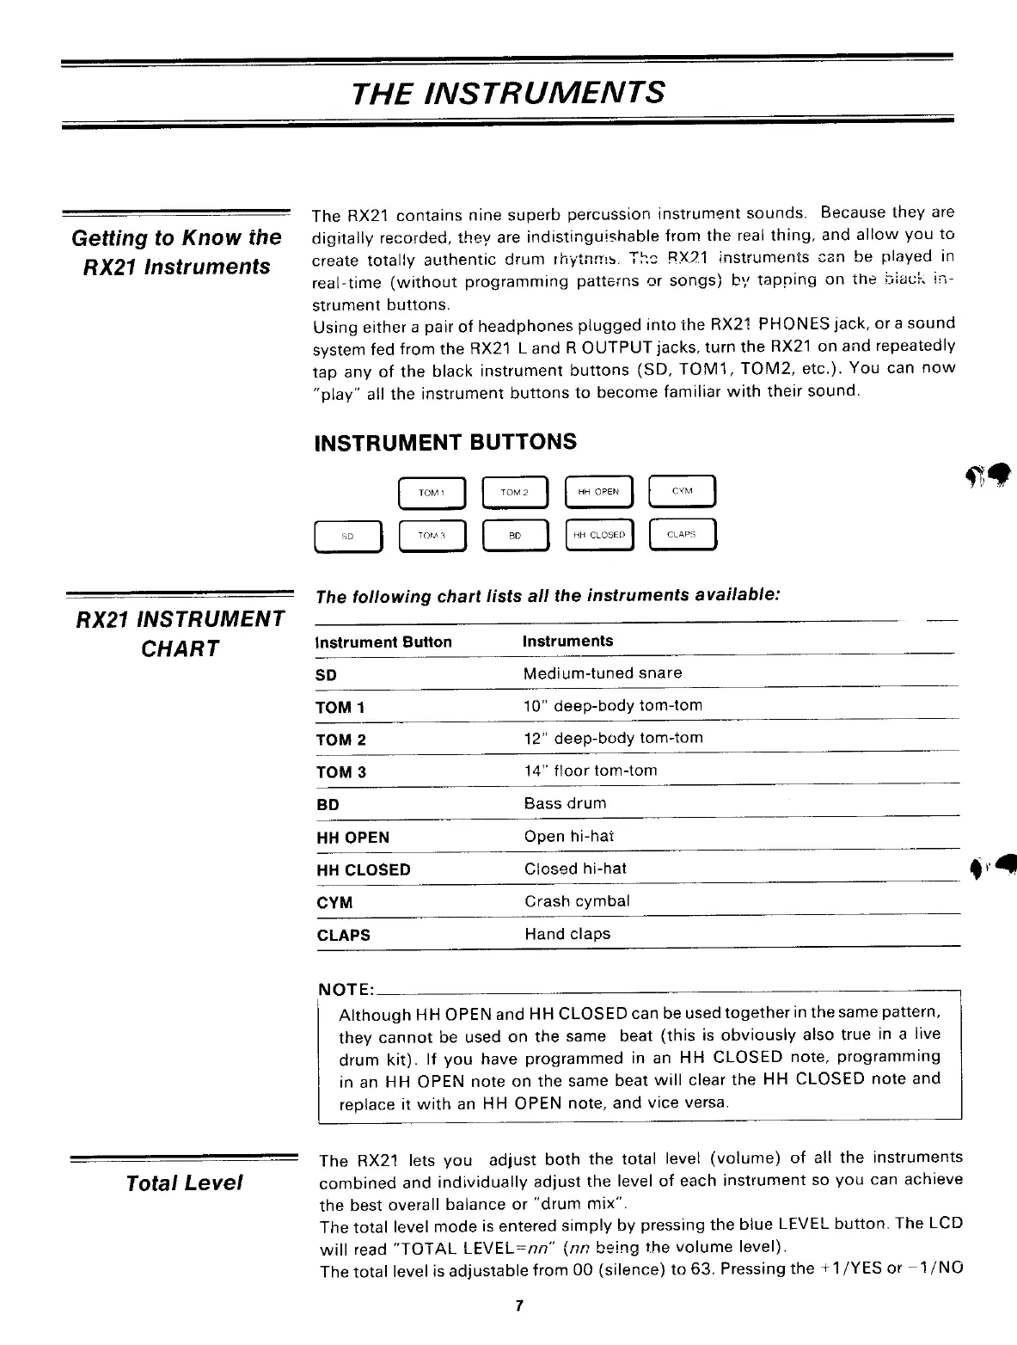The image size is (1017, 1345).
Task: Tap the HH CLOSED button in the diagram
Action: click(x=600, y=534)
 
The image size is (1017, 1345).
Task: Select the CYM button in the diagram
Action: click(x=683, y=492)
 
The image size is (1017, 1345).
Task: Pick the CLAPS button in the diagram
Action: click(x=683, y=534)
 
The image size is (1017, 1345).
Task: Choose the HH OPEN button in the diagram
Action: click(x=599, y=493)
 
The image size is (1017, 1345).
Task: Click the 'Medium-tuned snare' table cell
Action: click(x=603, y=673)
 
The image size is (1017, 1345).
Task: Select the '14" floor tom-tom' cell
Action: click(x=591, y=771)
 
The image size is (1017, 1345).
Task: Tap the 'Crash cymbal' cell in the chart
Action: click(x=577, y=901)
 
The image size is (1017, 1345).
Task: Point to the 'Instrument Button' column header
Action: click(x=383, y=642)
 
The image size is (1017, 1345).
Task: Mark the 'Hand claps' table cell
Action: click(x=567, y=934)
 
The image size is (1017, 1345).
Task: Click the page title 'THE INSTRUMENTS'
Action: click(x=508, y=92)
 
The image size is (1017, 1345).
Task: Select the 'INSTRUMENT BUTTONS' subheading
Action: click(x=446, y=442)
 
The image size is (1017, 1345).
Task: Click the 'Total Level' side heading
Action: click(x=184, y=1183)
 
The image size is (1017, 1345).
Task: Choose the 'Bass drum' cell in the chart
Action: click(x=565, y=803)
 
